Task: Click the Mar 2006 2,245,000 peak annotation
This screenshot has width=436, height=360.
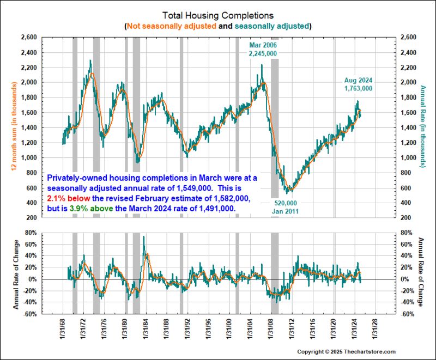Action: (x=263, y=49)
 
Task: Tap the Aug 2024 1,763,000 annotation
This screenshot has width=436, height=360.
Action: (x=358, y=84)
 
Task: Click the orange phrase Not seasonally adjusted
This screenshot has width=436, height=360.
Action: (x=172, y=26)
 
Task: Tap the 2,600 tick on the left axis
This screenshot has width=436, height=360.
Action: (x=28, y=38)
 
